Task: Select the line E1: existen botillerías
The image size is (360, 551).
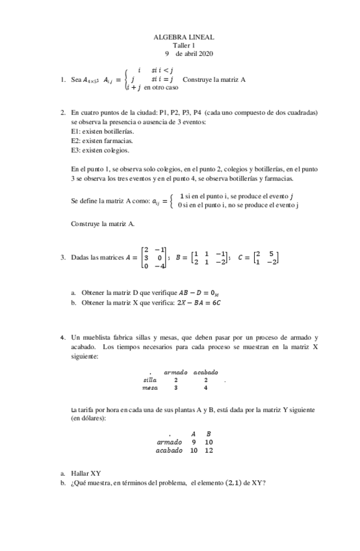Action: click(98, 131)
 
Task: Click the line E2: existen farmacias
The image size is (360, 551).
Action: click(97, 140)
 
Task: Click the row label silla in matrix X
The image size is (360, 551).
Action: click(149, 379)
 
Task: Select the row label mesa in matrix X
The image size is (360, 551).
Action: click(149, 388)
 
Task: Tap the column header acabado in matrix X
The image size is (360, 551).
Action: click(205, 372)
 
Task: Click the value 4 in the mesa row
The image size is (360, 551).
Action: click(205, 388)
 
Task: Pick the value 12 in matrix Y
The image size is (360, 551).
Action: click(208, 450)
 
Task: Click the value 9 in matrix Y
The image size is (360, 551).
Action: click(194, 442)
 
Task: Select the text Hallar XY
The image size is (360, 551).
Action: click(86, 473)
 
